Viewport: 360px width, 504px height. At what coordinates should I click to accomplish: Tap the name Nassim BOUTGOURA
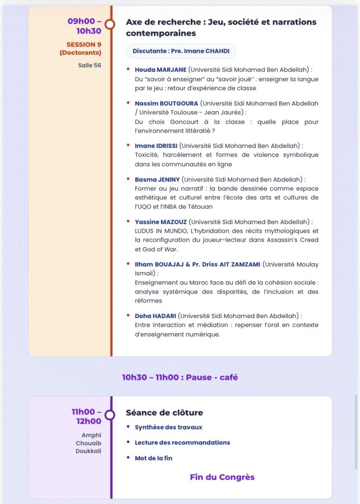pyautogui.click(x=167, y=103)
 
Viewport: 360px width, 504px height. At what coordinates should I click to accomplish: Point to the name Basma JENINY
pyautogui.click(x=157, y=179)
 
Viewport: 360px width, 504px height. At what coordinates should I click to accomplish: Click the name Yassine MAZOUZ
pyautogui.click(x=161, y=222)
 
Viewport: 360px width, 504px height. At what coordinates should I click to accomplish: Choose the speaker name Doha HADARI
pyautogui.click(x=156, y=316)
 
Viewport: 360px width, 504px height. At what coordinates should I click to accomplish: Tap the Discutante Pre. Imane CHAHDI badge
pyautogui.click(x=181, y=51)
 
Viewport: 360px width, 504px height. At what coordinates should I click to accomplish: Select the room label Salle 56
pyautogui.click(x=90, y=65)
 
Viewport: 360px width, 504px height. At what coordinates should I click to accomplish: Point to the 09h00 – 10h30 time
pyautogui.click(x=84, y=26)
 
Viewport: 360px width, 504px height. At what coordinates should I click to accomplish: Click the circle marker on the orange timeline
pyautogui.click(x=110, y=24)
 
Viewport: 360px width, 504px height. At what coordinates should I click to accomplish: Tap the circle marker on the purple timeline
pyautogui.click(x=110, y=415)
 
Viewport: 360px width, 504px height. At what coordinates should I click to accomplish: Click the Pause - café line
pyautogui.click(x=180, y=377)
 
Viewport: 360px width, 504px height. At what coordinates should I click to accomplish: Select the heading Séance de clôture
pyautogui.click(x=164, y=413)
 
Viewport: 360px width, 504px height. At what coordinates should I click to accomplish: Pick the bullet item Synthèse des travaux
pyautogui.click(x=168, y=427)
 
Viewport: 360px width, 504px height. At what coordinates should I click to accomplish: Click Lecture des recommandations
pyautogui.click(x=182, y=443)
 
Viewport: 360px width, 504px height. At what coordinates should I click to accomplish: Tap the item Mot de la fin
pyautogui.click(x=154, y=458)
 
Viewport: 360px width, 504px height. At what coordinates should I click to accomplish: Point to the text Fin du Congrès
pyautogui.click(x=222, y=477)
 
